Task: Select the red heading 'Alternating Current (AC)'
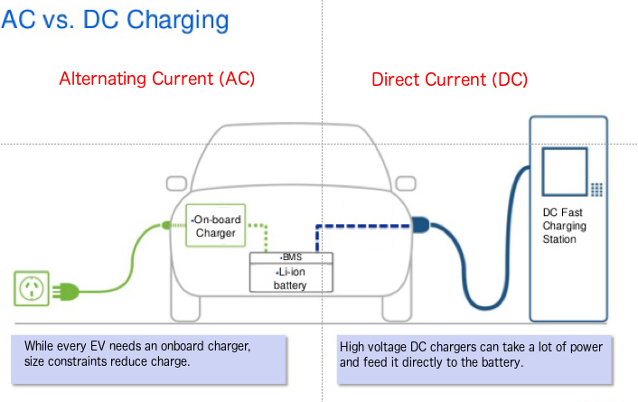click(157, 79)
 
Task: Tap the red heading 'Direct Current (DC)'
click(449, 79)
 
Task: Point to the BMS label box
click(291, 257)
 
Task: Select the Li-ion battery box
click(291, 278)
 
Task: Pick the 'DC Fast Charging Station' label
click(559, 226)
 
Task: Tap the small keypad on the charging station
click(596, 189)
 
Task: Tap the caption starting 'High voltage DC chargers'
click(470, 354)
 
